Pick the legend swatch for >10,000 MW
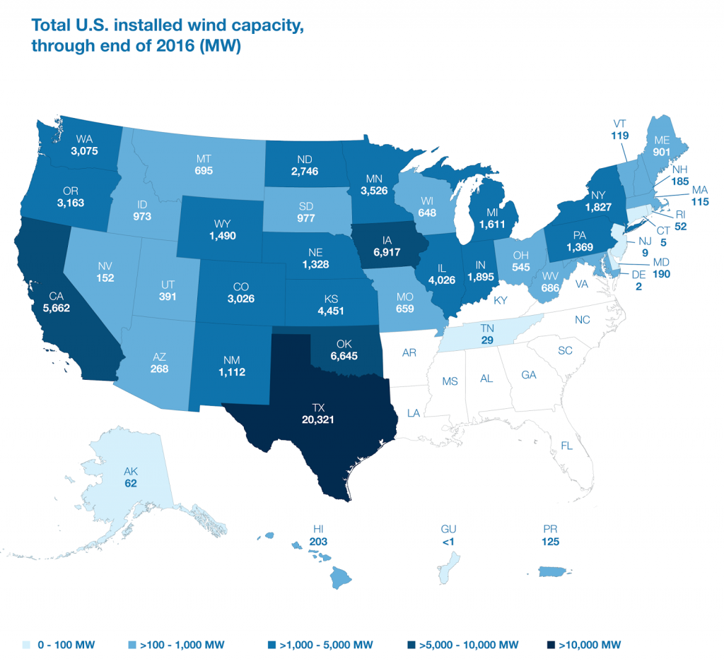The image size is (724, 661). coord(551,644)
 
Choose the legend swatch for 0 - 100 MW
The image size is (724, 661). coord(25,644)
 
